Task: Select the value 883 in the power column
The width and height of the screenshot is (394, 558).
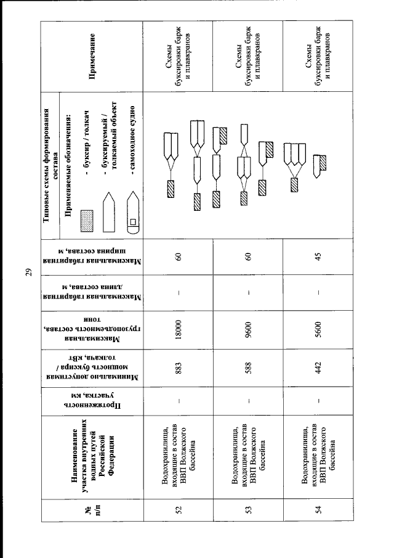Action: (x=179, y=368)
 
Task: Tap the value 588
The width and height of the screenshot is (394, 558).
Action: (x=248, y=368)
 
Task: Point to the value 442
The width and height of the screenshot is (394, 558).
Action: (x=318, y=368)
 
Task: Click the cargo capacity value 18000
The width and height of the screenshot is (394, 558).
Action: (x=179, y=329)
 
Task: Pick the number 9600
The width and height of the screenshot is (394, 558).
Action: (x=248, y=329)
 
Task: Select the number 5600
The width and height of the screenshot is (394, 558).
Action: (x=318, y=329)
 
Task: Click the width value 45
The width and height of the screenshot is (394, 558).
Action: (x=318, y=256)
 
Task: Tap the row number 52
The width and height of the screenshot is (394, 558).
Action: (x=179, y=510)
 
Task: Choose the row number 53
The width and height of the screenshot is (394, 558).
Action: (x=248, y=510)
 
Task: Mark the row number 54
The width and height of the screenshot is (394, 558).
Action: (x=318, y=510)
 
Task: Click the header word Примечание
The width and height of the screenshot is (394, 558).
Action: (x=92, y=56)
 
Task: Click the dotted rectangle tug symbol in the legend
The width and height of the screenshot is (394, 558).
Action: (x=87, y=221)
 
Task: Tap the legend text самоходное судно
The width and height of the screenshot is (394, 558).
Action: (x=132, y=140)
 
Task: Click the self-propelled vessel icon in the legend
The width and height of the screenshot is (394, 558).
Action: (x=133, y=213)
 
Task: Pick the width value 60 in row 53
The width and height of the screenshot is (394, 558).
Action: (x=248, y=256)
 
